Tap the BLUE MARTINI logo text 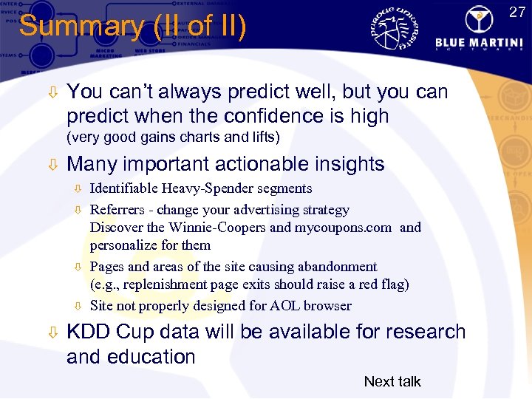click(480, 42)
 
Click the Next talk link click(392, 381)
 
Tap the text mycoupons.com click(344, 228)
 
